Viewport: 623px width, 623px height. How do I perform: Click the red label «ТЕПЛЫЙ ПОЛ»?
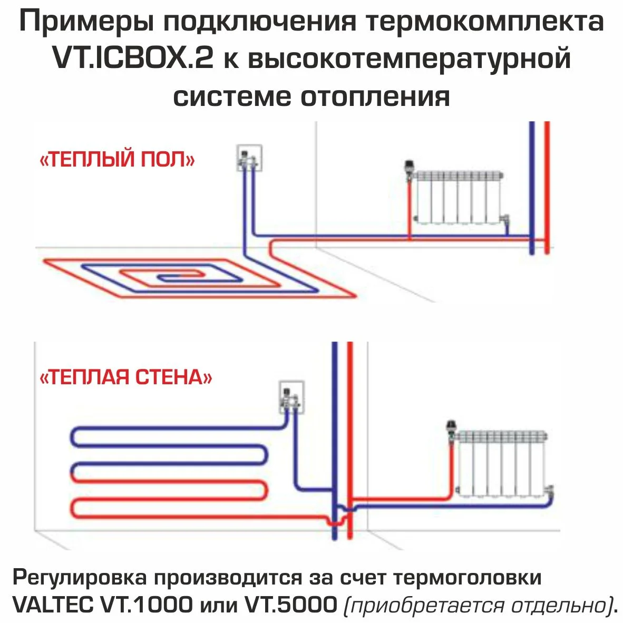[117, 160]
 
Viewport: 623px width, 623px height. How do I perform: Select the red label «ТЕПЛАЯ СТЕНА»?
[126, 377]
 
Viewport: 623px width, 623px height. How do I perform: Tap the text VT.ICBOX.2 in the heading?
[132, 59]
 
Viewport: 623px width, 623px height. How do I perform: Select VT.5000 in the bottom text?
[290, 604]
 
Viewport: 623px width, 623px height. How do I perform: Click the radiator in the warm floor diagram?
[457, 197]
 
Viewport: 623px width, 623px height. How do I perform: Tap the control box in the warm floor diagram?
[248, 158]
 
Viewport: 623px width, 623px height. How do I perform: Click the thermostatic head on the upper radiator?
[409, 169]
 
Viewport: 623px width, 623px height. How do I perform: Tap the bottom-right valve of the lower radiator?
[550, 490]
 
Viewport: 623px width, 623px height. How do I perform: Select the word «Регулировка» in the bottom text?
[79, 578]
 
